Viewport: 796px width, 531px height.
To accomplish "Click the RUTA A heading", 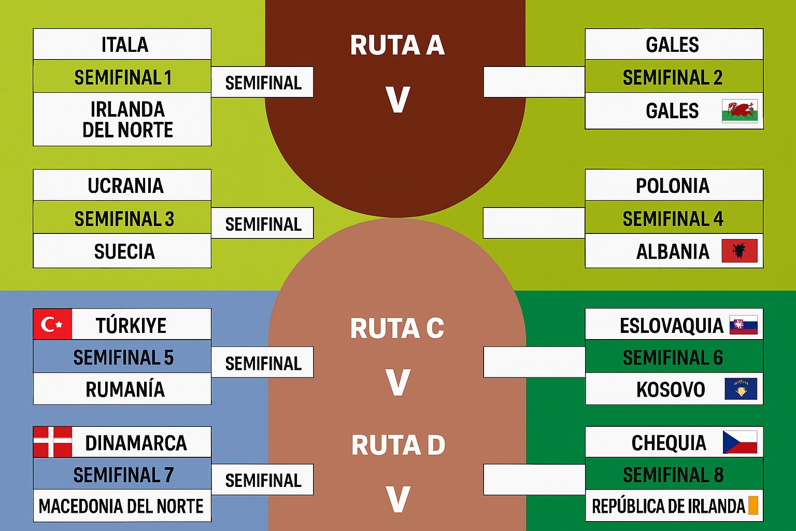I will [397, 45].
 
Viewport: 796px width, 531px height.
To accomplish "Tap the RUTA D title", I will [398, 445].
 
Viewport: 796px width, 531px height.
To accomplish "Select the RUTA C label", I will [397, 328].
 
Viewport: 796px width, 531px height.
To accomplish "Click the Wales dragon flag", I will [740, 111].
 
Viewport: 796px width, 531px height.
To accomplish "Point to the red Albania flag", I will [740, 251].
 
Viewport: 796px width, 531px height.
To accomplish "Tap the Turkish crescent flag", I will [52, 325].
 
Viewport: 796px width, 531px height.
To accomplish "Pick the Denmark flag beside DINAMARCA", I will [52, 442].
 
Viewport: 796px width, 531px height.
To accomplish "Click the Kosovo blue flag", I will [741, 389].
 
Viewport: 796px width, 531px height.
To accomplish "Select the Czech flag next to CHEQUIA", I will [740, 442].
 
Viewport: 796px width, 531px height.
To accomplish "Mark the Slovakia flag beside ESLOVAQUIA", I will [743, 325].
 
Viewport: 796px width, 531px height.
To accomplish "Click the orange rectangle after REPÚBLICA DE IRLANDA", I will [753, 506].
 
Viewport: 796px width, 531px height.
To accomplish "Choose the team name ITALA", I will [124, 45].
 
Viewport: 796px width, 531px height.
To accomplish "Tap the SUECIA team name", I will [124, 251].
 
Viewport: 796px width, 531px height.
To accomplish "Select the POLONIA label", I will [672, 186].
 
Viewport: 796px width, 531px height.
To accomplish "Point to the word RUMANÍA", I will [125, 389].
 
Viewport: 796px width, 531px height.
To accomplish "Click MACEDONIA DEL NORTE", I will [121, 506].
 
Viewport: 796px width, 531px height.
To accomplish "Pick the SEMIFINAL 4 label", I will [673, 219].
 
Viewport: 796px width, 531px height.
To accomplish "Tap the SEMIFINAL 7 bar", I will [123, 474].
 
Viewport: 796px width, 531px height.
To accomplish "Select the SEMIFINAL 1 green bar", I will [123, 77].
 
